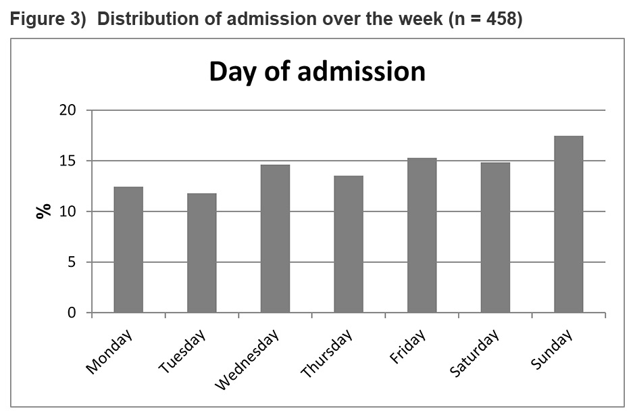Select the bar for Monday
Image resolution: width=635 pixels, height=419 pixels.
(x=128, y=250)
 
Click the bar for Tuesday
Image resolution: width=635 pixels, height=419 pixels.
(x=201, y=253)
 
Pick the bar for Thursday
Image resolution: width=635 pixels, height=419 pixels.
(x=348, y=245)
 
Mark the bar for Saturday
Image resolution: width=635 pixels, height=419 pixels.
(x=495, y=238)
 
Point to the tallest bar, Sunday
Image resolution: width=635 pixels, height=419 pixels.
(x=568, y=224)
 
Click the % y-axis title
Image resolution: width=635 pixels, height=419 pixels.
(x=43, y=212)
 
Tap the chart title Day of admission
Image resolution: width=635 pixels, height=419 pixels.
(x=317, y=71)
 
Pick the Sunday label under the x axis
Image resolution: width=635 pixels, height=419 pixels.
(x=551, y=349)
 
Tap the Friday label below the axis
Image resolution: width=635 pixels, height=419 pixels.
(x=408, y=347)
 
